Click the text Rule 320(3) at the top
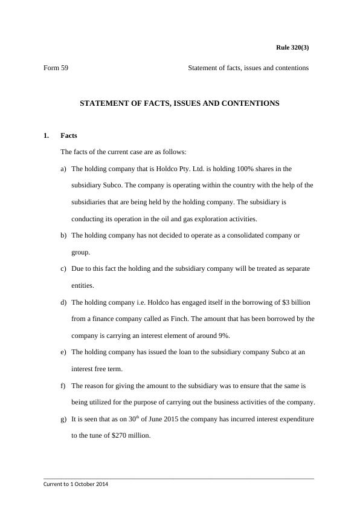[292, 47]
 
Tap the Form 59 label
[56, 68]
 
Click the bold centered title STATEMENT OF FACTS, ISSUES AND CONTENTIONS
[179, 103]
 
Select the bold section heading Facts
[69, 135]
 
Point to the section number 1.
[46, 135]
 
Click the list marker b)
[63, 235]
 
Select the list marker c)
[63, 268]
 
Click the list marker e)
[63, 352]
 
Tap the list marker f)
[63, 385]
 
